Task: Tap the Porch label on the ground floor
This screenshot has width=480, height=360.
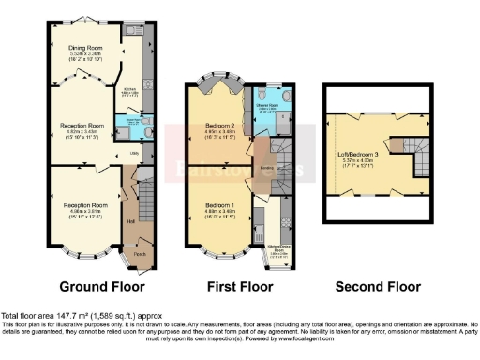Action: point(140,253)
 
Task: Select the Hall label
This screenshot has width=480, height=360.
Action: point(130,221)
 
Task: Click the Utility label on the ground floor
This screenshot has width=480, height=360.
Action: point(134,152)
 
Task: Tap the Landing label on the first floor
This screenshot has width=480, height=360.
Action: point(267,169)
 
